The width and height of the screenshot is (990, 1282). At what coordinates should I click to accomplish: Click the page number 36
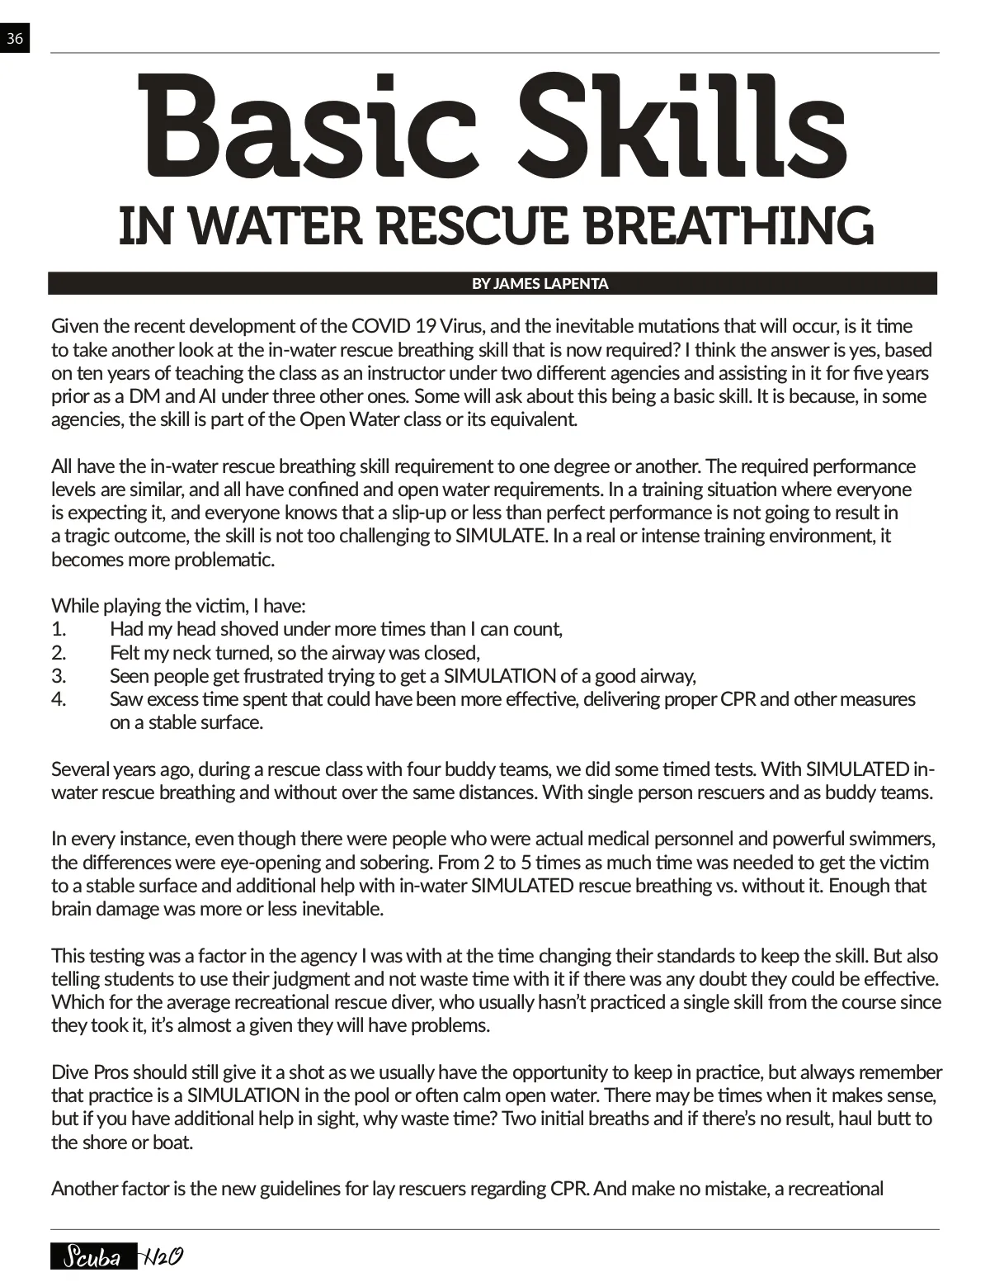[x=15, y=38]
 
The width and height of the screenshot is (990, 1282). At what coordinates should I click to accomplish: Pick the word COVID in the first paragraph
[x=379, y=326]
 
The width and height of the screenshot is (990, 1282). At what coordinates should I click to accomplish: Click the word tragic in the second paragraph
[x=88, y=536]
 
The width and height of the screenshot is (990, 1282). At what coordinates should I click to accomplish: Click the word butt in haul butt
[x=893, y=1119]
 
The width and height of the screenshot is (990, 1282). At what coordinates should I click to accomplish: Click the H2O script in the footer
[x=162, y=1257]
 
